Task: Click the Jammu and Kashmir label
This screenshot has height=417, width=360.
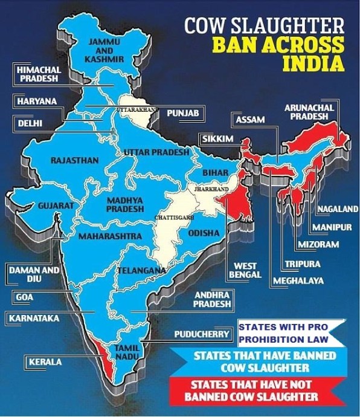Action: pos(106,50)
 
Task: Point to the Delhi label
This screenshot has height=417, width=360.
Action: pos(28,124)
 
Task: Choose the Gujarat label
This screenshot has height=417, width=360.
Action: pos(56,206)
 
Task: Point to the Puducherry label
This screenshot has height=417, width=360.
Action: pos(201,334)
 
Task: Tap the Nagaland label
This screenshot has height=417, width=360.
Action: pos(338,209)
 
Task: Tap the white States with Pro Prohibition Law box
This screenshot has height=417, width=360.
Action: pos(286,332)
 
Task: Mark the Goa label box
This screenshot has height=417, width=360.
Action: pos(24,297)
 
